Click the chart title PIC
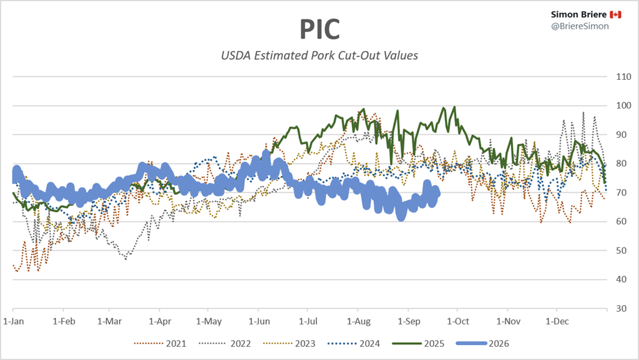click(319, 29)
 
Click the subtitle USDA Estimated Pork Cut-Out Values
click(319, 56)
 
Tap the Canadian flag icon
click(615, 14)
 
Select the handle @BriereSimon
click(580, 26)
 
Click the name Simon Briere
click(578, 14)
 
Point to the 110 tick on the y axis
click(623, 77)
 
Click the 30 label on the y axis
click(621, 308)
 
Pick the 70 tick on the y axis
click(621, 192)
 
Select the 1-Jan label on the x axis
click(14, 321)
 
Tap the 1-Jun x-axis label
click(259, 321)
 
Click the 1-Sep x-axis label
click(409, 321)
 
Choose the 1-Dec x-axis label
click(557, 321)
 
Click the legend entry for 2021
click(160, 344)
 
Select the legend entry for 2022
click(225, 344)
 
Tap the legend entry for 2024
click(354, 344)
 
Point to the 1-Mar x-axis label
click(110, 321)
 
